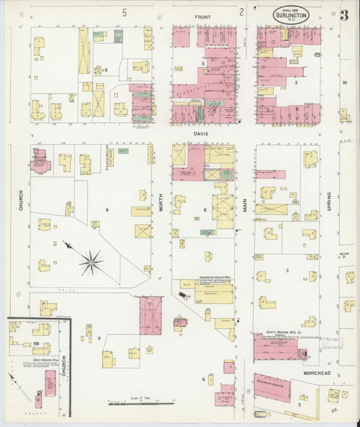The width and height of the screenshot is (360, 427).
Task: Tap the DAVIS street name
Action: coord(201,134)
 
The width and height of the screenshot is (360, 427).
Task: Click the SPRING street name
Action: coord(330,202)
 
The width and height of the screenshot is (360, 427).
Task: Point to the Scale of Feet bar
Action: coord(142,403)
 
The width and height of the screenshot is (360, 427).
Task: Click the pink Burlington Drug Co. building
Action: coord(272,388)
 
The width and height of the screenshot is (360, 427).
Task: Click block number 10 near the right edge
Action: coord(344,82)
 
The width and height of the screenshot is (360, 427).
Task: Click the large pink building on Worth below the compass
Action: coord(151,315)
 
